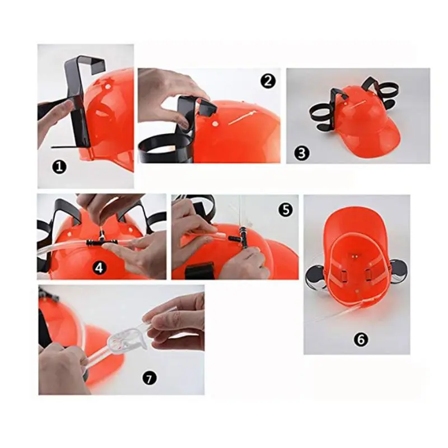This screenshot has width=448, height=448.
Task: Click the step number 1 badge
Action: [x=59, y=167]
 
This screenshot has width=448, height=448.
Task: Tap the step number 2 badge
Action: [x=268, y=81]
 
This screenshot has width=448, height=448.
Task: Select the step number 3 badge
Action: [x=302, y=153]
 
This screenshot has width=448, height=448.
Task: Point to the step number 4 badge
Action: [x=99, y=268]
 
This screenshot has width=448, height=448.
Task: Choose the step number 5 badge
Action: [x=286, y=210]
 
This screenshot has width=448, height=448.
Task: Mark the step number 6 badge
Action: [x=361, y=339]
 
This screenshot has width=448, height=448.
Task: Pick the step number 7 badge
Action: [x=150, y=379]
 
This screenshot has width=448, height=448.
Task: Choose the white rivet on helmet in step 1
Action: [x=108, y=86]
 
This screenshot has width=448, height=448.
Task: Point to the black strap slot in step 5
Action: [x=199, y=269]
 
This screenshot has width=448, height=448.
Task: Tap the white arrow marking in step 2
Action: [x=241, y=118]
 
